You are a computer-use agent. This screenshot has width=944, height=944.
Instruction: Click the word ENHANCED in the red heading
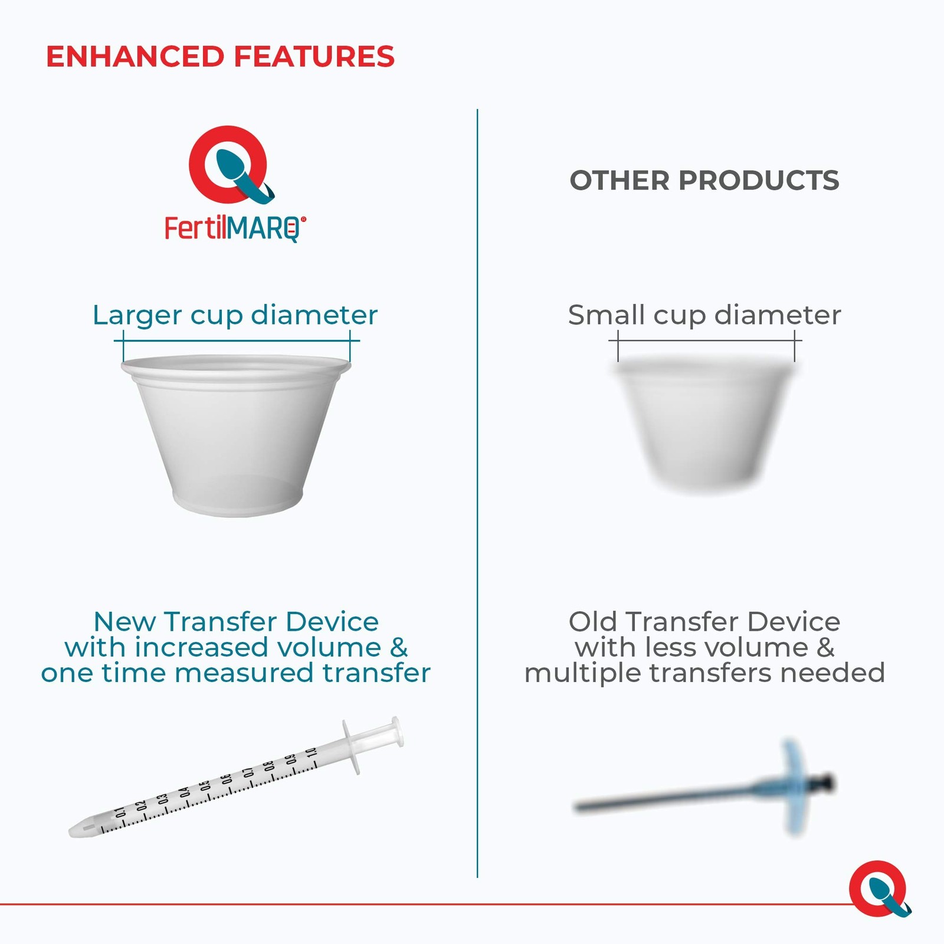click(x=135, y=57)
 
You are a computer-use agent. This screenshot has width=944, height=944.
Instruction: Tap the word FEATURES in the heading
click(x=314, y=57)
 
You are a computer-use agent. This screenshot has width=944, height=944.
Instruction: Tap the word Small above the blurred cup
click(x=606, y=315)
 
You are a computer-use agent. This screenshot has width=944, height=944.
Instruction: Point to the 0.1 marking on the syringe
click(x=120, y=813)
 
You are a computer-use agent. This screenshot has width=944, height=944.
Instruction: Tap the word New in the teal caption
click(x=126, y=622)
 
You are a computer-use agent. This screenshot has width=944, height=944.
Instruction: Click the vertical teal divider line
click(x=477, y=493)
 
